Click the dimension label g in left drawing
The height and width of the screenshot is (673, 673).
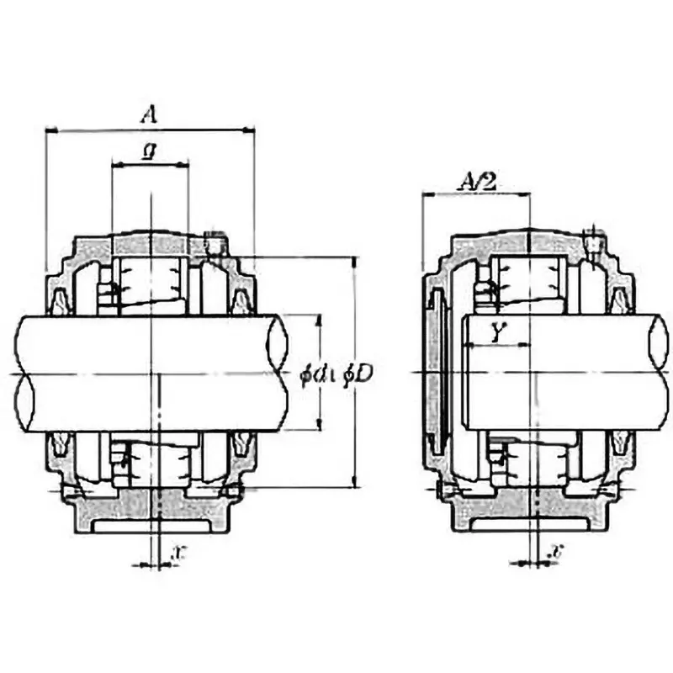(148, 152)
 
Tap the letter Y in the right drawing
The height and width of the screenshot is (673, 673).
(497, 333)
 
